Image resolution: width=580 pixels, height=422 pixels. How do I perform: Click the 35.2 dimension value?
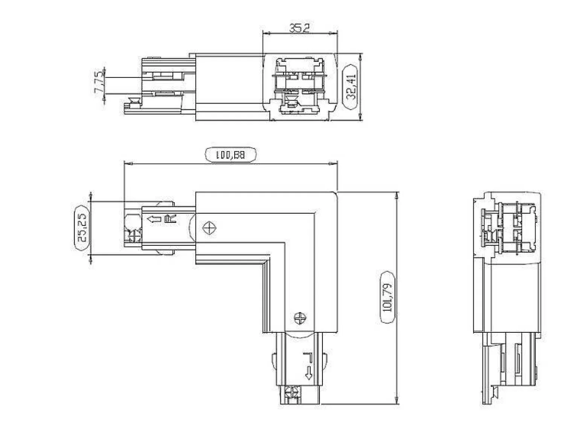(x=300, y=28)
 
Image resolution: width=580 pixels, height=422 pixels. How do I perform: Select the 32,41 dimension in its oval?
(x=351, y=87)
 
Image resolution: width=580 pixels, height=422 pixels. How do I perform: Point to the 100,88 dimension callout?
(x=231, y=155)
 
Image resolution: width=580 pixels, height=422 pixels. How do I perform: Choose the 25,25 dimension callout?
(x=82, y=228)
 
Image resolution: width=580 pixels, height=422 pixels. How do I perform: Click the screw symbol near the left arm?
(x=209, y=228)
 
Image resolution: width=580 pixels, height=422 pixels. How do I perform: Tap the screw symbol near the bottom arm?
(x=300, y=318)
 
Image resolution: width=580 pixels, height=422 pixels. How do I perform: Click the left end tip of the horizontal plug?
(x=125, y=228)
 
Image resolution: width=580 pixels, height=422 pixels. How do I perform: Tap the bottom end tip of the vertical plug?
(x=300, y=404)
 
